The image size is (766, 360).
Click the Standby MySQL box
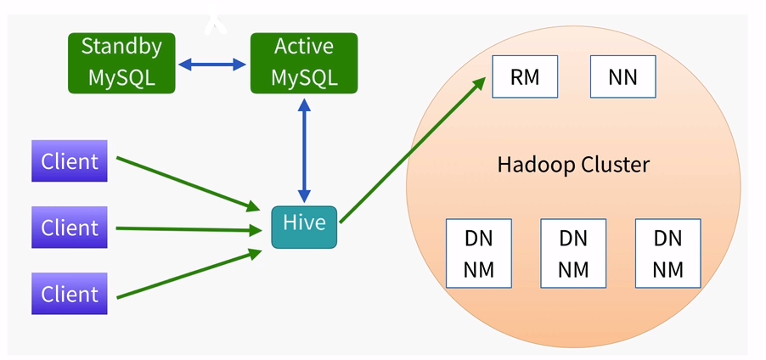pos(121,63)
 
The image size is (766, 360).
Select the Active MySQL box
pos(304,63)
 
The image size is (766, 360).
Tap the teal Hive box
pos(304,228)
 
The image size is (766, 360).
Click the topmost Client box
pos(70,160)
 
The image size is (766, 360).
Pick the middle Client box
pos(70,228)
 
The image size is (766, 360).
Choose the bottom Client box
pos(70,294)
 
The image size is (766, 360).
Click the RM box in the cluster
pos(525,76)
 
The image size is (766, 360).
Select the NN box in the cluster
pos(622,76)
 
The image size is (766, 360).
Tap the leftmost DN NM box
pos(479,254)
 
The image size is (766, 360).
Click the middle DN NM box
pos(573,254)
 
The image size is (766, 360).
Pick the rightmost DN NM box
pos(667,254)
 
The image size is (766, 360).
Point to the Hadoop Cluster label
pos(573,165)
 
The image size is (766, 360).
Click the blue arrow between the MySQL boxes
pos(212,64)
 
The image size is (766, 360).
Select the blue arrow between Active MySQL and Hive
pos(304,150)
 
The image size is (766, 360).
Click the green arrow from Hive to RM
pos(413,150)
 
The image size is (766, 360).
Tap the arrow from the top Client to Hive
pos(188,184)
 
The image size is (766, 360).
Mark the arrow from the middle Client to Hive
pos(189,229)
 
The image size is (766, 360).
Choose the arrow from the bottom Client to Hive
pos(189,273)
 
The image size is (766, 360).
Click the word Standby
pos(121,48)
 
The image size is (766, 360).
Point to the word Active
pos(304,47)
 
